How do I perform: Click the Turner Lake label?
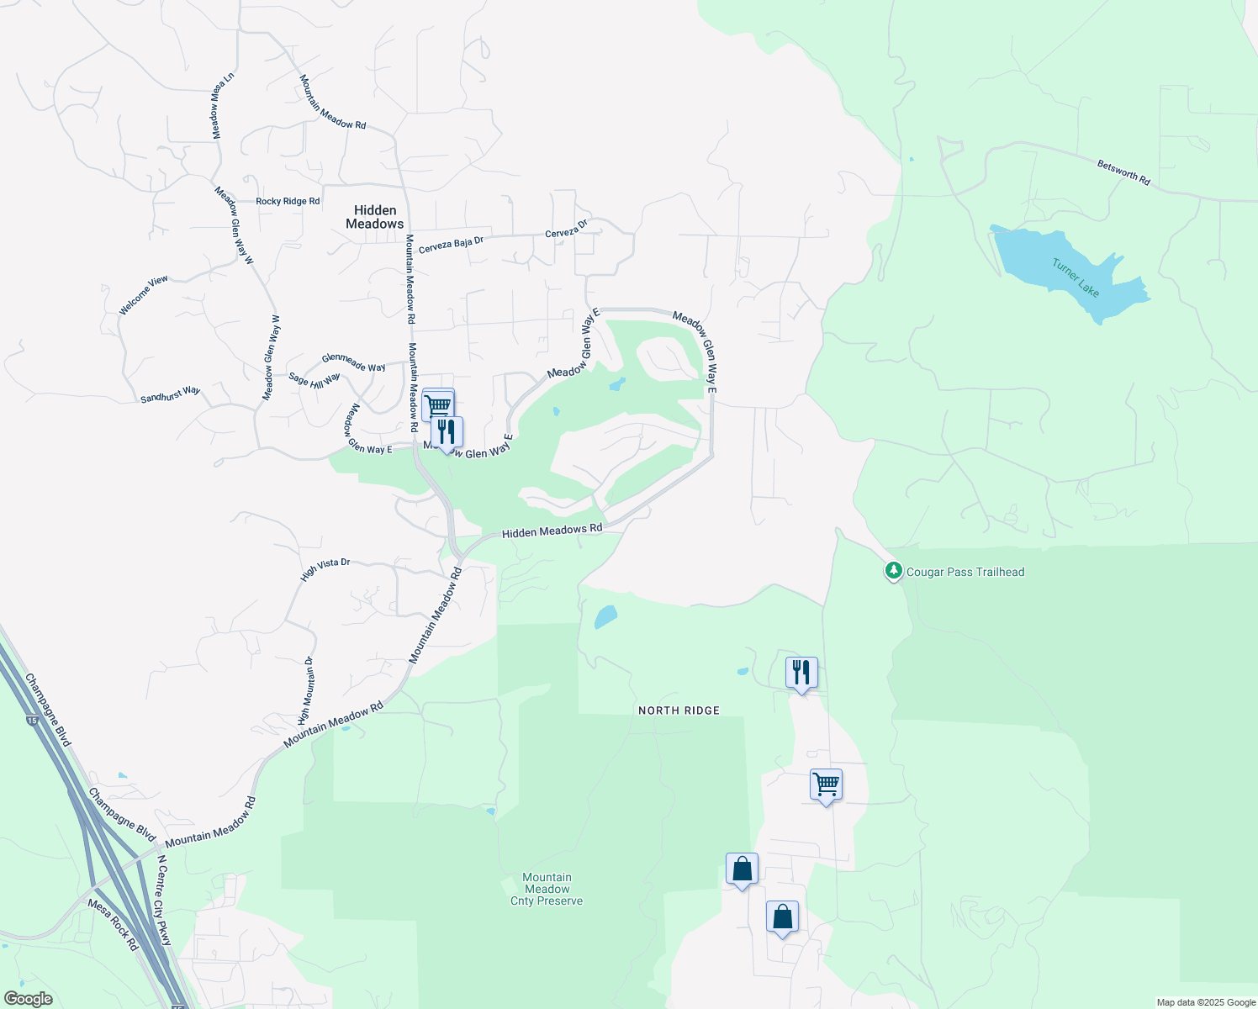1076,277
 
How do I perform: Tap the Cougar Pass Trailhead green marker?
893,571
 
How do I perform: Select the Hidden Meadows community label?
375,217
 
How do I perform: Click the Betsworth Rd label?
1123,172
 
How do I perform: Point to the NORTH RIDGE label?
679,711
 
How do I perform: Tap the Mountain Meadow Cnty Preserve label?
547,889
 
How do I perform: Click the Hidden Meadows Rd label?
552,531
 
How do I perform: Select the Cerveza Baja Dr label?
451,244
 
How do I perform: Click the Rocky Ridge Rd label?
288,202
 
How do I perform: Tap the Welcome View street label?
144,294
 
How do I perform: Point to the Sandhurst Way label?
170,394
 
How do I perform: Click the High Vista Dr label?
325,569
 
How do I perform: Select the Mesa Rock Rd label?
113,924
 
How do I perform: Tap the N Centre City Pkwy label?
165,901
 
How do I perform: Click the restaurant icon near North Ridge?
801,673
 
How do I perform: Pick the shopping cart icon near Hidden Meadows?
438,404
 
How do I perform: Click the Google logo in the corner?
28,999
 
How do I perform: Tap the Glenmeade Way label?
354,362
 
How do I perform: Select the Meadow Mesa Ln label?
222,106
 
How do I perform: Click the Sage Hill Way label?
314,379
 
